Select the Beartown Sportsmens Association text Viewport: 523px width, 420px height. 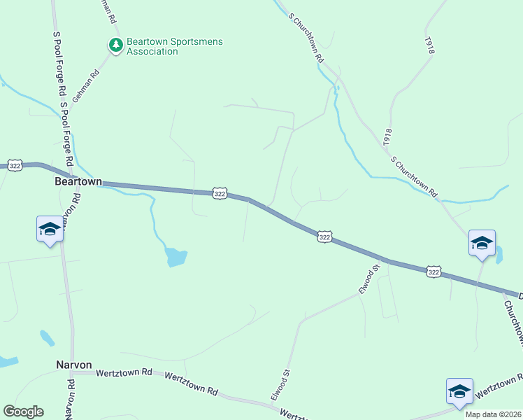click(x=174, y=46)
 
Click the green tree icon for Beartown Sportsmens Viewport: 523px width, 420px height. click(x=115, y=45)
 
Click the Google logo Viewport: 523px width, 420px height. click(x=23, y=412)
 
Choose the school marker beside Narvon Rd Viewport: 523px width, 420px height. click(x=50, y=229)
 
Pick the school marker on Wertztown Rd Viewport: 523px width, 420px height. click(x=459, y=391)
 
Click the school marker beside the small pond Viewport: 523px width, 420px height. click(x=482, y=243)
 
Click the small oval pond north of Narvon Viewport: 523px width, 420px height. click(x=47, y=338)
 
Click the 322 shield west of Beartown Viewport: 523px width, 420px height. click(x=15, y=165)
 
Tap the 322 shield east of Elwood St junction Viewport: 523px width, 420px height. click(x=434, y=272)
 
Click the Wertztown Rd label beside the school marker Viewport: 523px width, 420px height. click(x=497, y=386)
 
